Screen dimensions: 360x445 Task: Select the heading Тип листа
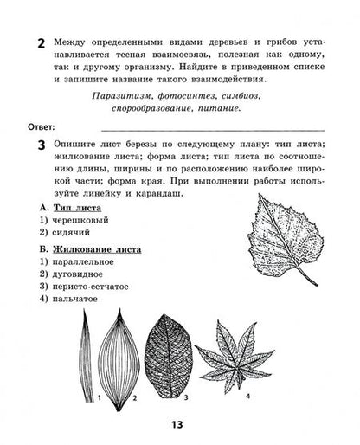(77, 209)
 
